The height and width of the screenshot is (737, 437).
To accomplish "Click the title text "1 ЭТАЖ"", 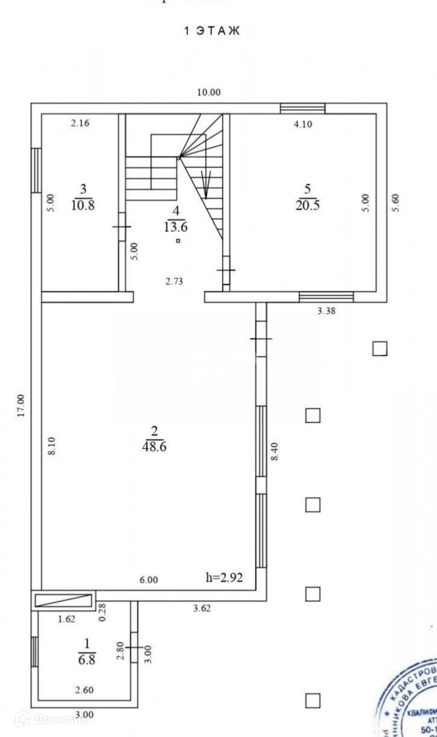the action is (212, 31).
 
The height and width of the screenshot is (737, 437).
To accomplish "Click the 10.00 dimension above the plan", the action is (209, 92).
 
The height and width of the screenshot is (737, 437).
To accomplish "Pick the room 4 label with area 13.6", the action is (177, 220).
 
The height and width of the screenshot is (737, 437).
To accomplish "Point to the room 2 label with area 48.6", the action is (154, 438).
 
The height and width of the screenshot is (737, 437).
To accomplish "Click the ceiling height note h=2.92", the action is (225, 577).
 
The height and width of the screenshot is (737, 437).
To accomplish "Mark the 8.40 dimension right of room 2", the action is (274, 451).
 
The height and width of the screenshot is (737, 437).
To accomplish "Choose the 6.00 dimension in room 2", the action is (148, 580).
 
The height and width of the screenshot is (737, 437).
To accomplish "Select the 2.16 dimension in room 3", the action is (81, 123).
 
